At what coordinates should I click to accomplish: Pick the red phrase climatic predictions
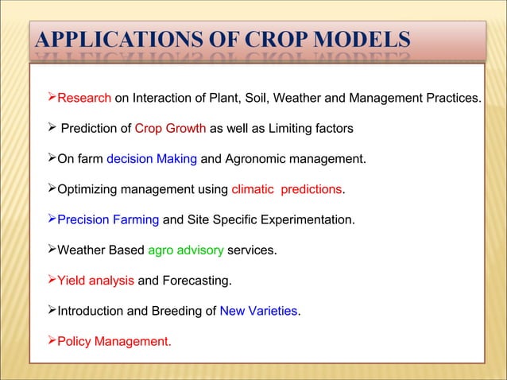coord(287,189)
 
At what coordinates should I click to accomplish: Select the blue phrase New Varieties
coord(260,311)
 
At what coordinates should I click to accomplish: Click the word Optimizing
coord(87,189)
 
